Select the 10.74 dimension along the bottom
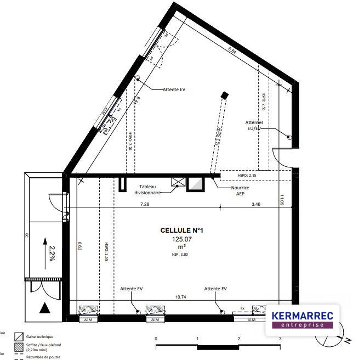181,297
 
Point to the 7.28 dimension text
145,204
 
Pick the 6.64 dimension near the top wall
232,50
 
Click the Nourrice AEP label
240,190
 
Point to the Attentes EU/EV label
255,125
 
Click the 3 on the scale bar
280,339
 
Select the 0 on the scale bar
157,339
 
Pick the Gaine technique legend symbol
18,336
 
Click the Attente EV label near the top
174,89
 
